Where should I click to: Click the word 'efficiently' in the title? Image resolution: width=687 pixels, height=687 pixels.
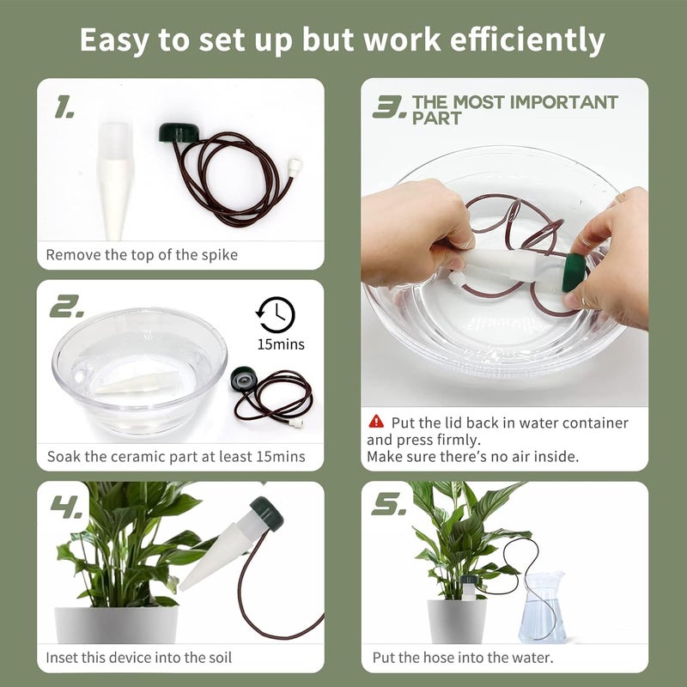point(524,40)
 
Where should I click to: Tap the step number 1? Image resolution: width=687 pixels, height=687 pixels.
point(64,108)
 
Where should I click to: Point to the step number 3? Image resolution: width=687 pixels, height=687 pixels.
point(389,107)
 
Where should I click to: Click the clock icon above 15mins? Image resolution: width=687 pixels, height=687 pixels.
point(275,314)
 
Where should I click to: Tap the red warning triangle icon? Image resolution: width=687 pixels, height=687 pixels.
point(376,422)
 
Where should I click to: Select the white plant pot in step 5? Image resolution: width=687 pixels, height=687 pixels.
point(456,620)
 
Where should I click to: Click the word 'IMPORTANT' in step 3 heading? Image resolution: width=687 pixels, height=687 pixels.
point(562,102)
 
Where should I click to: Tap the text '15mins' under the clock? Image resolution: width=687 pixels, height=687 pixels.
point(280,345)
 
